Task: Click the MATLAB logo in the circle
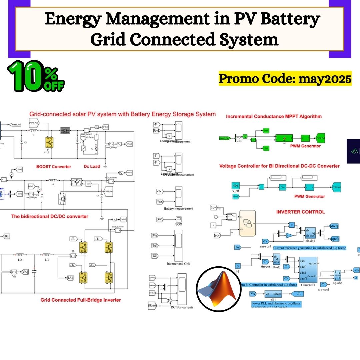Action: point(219,289)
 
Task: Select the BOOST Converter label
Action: point(54,166)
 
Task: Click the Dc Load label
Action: point(92,166)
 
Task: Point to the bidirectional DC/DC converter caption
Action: point(50,216)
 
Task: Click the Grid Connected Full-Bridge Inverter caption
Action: point(81,300)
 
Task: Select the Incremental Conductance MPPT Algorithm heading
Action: point(274,116)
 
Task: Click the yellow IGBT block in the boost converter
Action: point(49,142)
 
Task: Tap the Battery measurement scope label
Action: point(179,209)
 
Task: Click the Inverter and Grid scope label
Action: point(179,263)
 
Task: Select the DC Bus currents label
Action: point(182,307)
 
